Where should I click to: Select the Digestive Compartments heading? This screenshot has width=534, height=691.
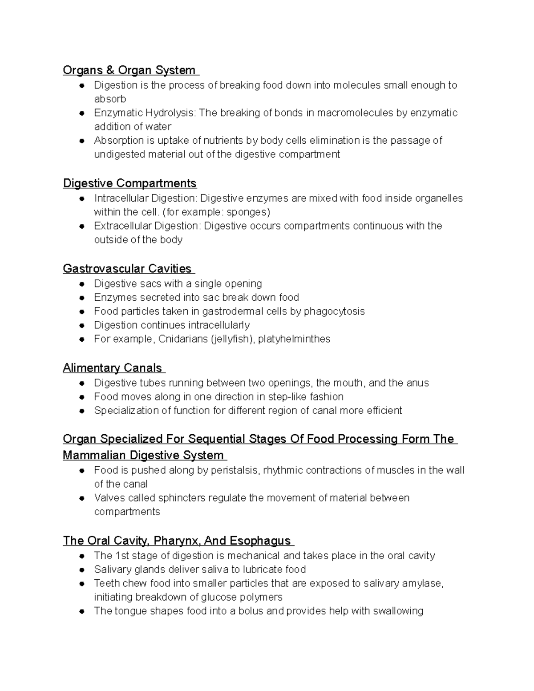click(129, 183)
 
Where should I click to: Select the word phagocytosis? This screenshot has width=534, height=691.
click(334, 311)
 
